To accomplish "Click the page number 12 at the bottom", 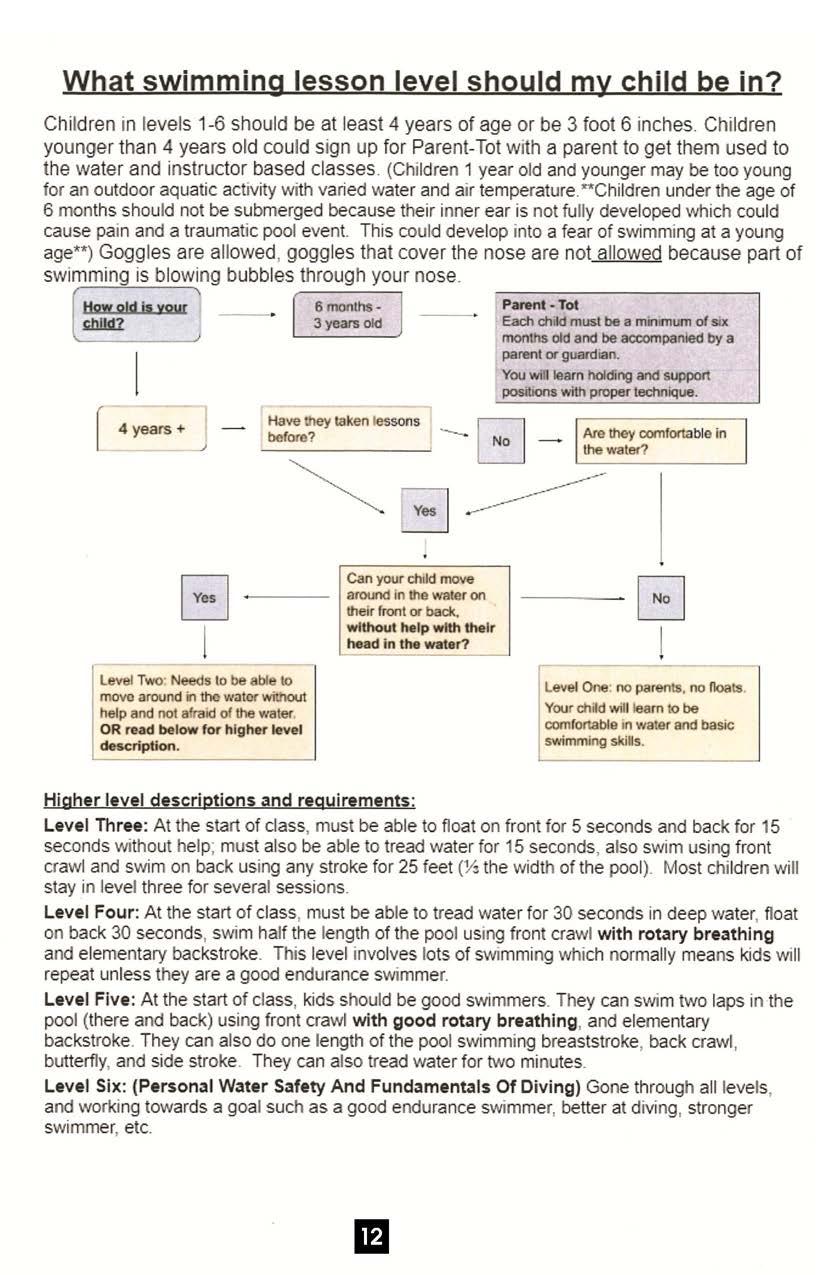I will (371, 1236).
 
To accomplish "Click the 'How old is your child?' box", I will (135, 315).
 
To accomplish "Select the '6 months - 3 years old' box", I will (347, 315).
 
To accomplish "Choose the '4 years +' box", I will (151, 429).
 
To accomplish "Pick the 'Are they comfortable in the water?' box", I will (661, 441).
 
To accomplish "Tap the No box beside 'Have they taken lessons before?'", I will (501, 441).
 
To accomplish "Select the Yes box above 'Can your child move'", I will (424, 510).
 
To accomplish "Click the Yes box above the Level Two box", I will (204, 597).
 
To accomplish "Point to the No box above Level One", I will (661, 598).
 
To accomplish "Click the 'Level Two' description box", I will (203, 713).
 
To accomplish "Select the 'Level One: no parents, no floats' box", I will (645, 714).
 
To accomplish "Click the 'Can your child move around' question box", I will (424, 611).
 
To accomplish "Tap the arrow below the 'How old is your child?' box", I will (135, 373).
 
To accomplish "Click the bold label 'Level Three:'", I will (96, 826).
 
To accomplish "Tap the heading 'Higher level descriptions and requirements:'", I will (229, 801).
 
